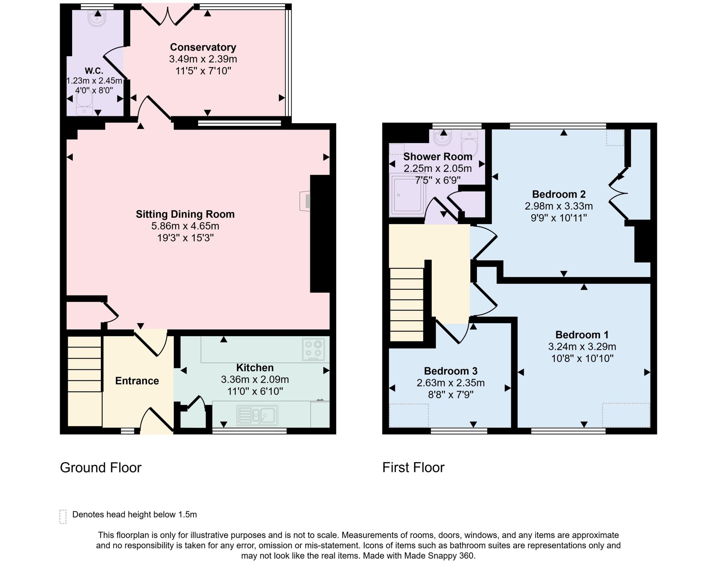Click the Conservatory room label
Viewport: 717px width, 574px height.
(203, 47)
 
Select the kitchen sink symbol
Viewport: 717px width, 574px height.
(257, 415)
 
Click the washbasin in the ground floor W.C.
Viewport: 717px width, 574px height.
(97, 19)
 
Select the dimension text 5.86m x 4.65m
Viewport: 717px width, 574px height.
(185, 226)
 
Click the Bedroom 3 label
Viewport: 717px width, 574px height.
(450, 371)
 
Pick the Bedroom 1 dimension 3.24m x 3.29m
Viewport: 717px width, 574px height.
(582, 346)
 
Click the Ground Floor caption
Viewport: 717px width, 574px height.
(100, 468)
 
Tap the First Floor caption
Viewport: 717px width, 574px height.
(413, 468)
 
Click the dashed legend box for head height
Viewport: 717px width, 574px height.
(63, 516)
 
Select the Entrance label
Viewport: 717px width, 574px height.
(137, 381)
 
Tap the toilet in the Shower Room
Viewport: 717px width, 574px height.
(469, 143)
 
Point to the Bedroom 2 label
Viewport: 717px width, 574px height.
(558, 194)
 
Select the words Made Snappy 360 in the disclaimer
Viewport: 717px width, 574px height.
(439, 555)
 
